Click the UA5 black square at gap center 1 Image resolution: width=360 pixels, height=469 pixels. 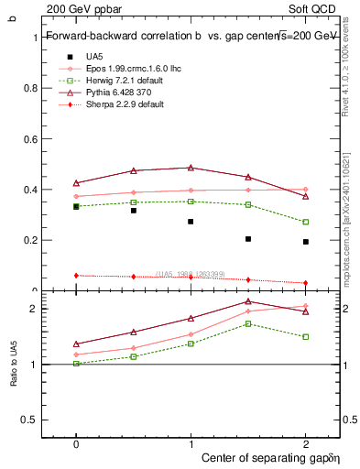[x=191, y=222]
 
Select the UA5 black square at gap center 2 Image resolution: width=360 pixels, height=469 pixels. [x=305, y=242]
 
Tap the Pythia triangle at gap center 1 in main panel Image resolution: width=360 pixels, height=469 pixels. [x=191, y=168]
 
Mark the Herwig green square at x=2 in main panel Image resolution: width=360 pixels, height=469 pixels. [x=305, y=222]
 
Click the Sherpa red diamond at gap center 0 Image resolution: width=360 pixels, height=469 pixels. [x=76, y=276]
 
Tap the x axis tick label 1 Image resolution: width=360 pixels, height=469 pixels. [x=191, y=442]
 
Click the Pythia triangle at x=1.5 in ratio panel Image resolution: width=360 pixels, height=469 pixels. [x=247, y=301]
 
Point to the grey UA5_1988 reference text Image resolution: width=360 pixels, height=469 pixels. [x=192, y=274]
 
